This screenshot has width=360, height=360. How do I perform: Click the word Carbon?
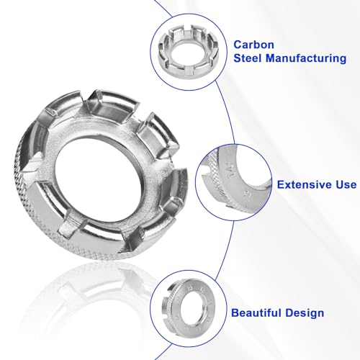pyautogui.click(x=253, y=45)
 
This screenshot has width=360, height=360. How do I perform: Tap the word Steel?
pyautogui.click(x=248, y=58)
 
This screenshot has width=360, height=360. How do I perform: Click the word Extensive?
pyautogui.click(x=303, y=185)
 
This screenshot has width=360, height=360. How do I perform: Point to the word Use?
pyautogui.click(x=344, y=185)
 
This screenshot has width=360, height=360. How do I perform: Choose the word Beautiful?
pyautogui.click(x=258, y=313)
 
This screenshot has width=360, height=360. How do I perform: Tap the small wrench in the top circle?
pyautogui.click(x=189, y=53)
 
